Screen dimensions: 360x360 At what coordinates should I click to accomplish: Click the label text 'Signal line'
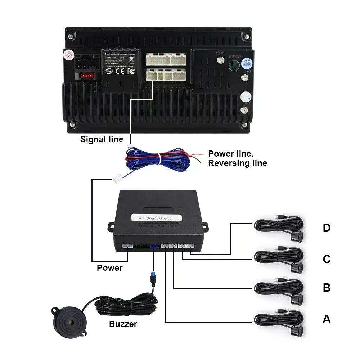click(x=102, y=139)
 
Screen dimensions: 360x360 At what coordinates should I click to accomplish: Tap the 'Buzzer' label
click(x=123, y=324)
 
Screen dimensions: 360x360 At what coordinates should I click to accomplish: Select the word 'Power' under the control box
click(x=109, y=268)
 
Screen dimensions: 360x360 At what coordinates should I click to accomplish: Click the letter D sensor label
click(x=327, y=228)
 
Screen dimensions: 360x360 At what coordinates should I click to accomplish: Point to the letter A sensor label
click(x=327, y=319)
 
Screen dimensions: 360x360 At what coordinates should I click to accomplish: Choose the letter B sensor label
click(x=327, y=288)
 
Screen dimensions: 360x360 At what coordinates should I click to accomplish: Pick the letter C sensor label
click(x=327, y=259)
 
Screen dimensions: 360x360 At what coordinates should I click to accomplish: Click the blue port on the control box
click(x=154, y=247)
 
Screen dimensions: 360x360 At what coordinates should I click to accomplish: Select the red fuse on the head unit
click(x=85, y=76)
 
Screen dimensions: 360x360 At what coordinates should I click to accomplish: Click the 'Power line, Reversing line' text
click(x=238, y=158)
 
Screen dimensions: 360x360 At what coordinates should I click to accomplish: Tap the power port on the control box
click(x=128, y=247)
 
